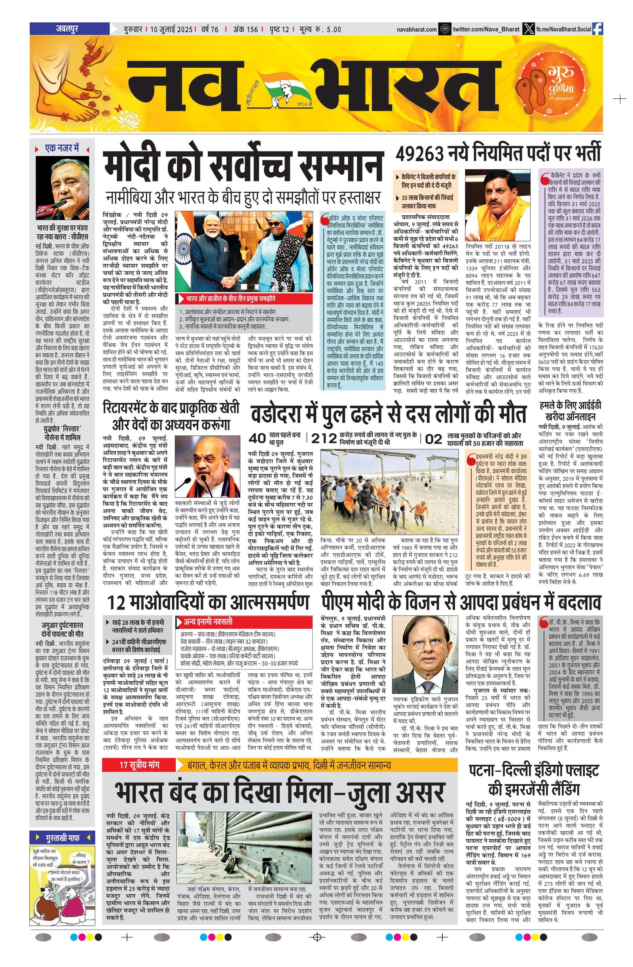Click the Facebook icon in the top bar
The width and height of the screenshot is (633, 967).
[x=598, y=29]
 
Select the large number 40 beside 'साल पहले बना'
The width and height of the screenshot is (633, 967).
[x=257, y=438]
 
